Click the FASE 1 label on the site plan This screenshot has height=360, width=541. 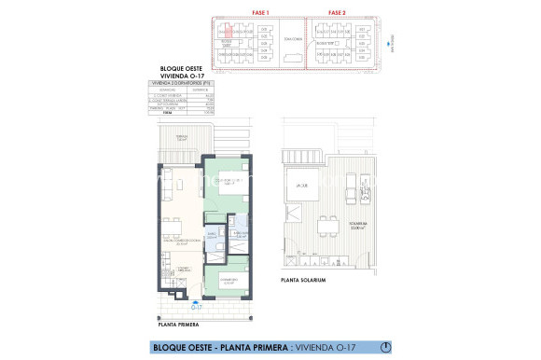260,11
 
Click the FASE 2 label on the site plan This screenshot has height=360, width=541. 337,11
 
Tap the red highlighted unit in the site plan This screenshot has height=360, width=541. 226,32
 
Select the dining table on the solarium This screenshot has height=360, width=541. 328,224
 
